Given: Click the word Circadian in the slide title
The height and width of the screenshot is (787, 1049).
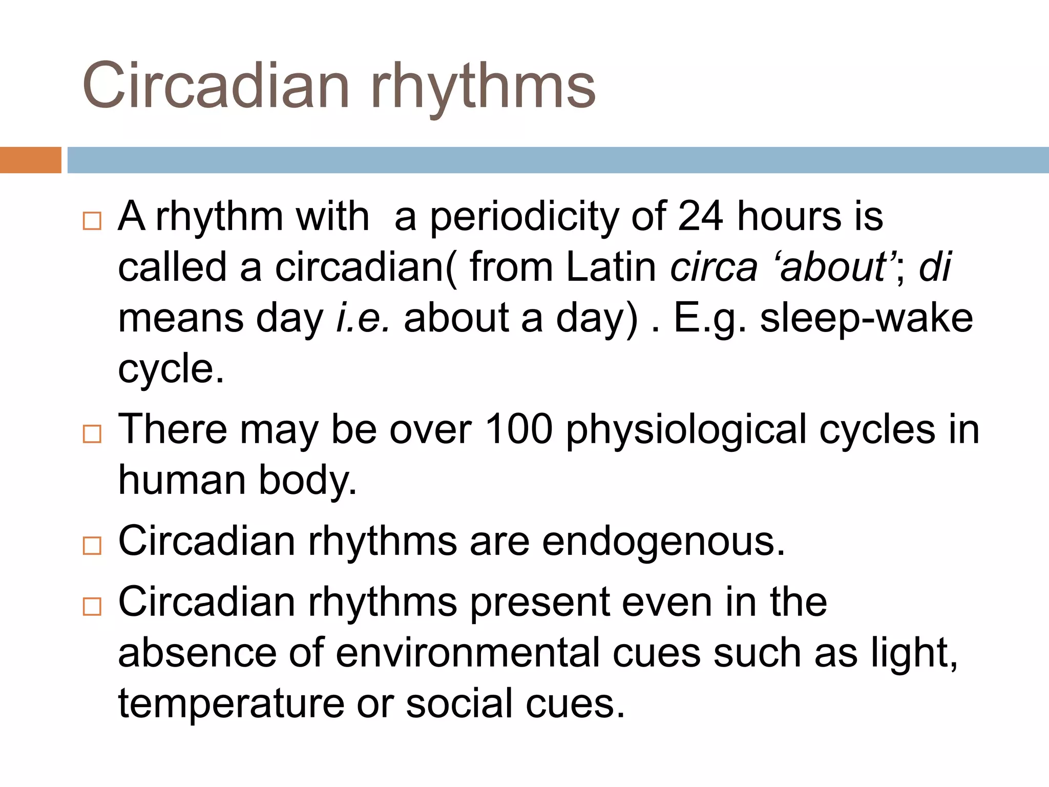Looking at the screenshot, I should [x=215, y=86].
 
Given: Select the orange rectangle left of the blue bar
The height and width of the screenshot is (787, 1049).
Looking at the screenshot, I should [x=30, y=160].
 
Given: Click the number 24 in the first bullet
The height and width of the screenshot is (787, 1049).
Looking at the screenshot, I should [x=700, y=216].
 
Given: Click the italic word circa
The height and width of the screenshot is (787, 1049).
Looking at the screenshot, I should [x=714, y=267].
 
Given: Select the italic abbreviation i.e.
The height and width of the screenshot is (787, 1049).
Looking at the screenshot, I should [x=363, y=318].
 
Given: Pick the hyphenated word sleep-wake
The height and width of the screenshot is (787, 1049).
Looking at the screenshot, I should [x=866, y=318].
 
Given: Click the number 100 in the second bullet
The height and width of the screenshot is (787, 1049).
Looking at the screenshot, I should [x=518, y=429].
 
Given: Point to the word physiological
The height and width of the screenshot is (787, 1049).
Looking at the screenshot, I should [x=686, y=430].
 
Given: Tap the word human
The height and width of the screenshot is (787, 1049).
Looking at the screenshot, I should [x=182, y=480].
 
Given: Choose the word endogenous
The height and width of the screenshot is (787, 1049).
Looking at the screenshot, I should [x=663, y=542].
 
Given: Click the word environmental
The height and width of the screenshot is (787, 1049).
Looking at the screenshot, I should [x=468, y=653].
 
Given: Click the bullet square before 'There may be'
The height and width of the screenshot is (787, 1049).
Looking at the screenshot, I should [x=92, y=434].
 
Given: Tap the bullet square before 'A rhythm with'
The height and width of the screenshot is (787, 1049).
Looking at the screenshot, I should [x=92, y=221].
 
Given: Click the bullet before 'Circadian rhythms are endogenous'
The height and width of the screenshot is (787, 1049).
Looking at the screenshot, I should [x=92, y=546].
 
